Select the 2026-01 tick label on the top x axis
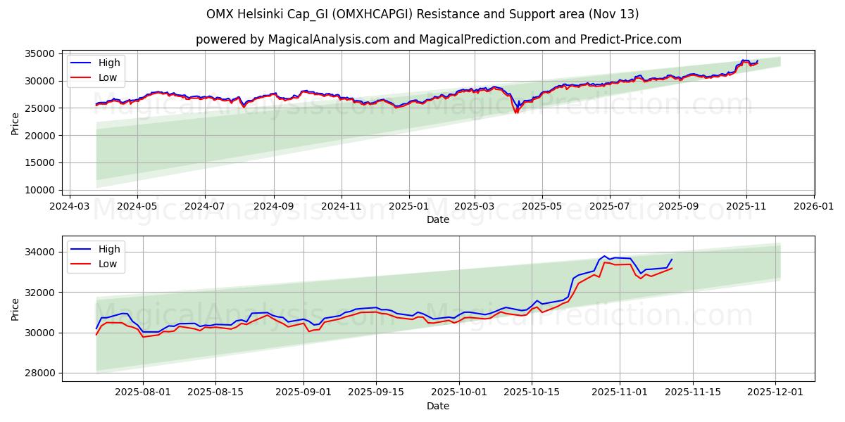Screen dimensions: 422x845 813,207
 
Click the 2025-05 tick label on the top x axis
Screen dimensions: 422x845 542,207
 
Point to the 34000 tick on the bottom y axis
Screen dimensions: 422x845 42,252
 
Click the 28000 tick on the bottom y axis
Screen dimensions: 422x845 42,373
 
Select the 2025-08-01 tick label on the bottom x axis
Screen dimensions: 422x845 143,392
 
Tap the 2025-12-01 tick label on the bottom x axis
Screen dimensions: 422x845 775,392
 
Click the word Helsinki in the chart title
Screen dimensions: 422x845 267,14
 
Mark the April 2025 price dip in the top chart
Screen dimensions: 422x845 516,110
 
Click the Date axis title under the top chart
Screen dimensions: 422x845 438,219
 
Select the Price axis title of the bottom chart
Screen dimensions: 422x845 15,308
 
